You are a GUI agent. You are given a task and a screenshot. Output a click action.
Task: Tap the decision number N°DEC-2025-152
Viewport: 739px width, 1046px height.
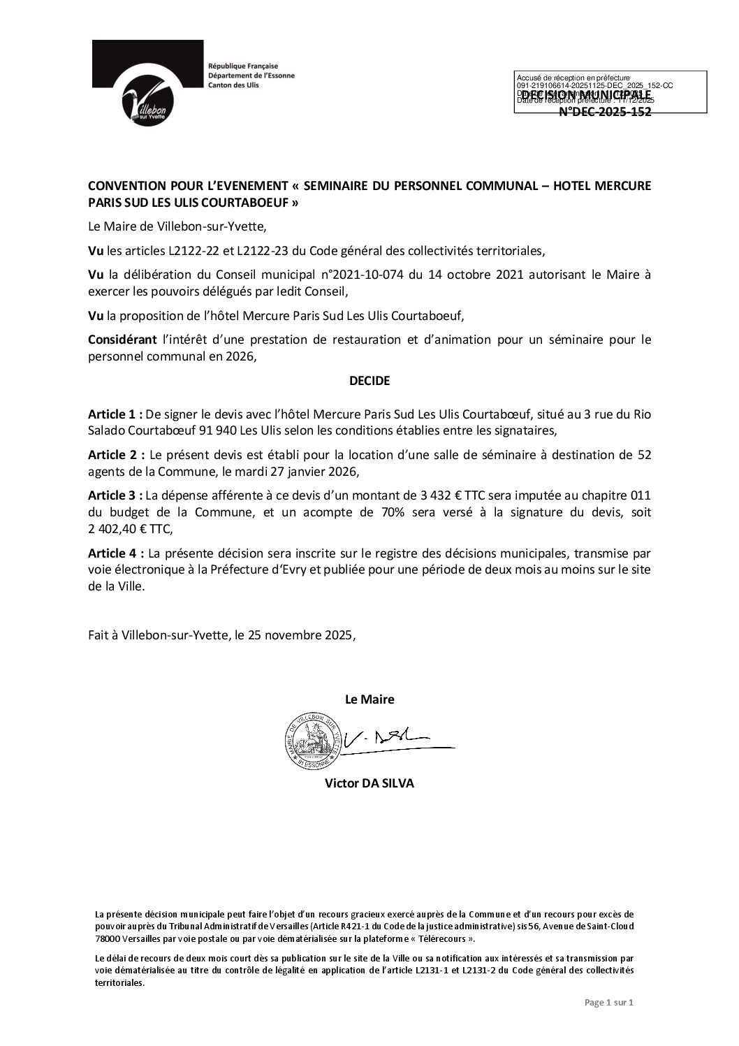(605, 111)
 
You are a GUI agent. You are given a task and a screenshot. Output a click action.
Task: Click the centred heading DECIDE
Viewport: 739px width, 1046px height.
(369, 382)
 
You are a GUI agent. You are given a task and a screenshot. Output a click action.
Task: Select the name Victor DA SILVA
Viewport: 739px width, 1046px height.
(369, 783)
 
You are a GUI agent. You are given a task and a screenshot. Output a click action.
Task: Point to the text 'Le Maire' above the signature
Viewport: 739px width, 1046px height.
(369, 699)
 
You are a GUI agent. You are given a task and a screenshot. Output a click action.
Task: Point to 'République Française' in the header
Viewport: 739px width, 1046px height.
(238, 65)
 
